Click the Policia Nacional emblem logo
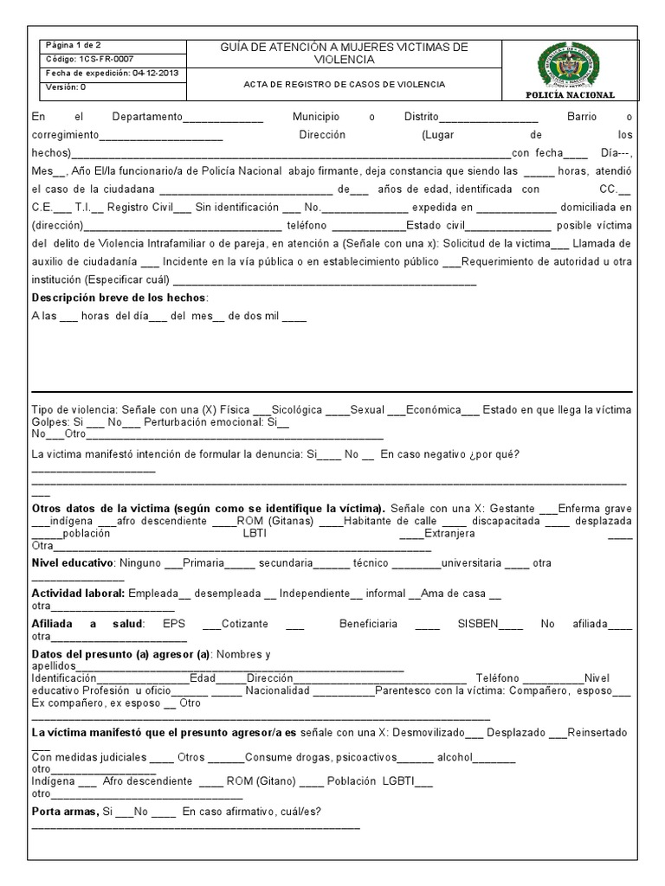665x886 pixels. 570,64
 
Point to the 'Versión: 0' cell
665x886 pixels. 65,87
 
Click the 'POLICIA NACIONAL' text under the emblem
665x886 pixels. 570,94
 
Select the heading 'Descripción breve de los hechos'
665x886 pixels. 119,298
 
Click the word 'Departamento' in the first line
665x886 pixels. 147,116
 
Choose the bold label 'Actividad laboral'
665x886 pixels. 78,594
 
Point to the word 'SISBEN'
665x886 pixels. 478,623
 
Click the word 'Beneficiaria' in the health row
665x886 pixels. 369,623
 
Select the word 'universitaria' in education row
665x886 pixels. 472,563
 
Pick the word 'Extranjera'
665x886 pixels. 449,534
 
